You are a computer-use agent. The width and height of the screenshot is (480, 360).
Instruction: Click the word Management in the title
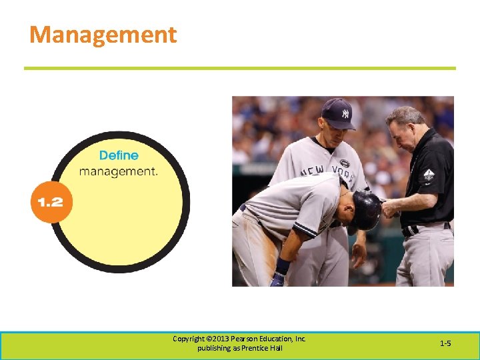pyautogui.click(x=103, y=35)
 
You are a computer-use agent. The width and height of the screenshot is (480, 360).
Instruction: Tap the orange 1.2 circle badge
pyautogui.click(x=51, y=201)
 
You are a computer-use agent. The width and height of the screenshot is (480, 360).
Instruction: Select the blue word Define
pyautogui.click(x=119, y=155)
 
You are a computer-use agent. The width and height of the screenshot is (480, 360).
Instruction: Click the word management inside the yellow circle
pyautogui.click(x=118, y=171)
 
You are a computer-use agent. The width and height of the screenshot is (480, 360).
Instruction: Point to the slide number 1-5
pyautogui.click(x=445, y=343)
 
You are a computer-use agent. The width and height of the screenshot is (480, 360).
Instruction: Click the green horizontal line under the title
pyautogui.click(x=240, y=68)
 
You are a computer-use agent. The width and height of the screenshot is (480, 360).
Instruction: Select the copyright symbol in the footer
pyautogui.click(x=210, y=339)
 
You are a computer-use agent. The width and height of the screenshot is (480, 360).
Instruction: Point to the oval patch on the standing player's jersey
pyautogui.click(x=344, y=163)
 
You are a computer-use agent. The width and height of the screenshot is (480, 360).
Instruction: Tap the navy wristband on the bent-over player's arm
pyautogui.click(x=283, y=266)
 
